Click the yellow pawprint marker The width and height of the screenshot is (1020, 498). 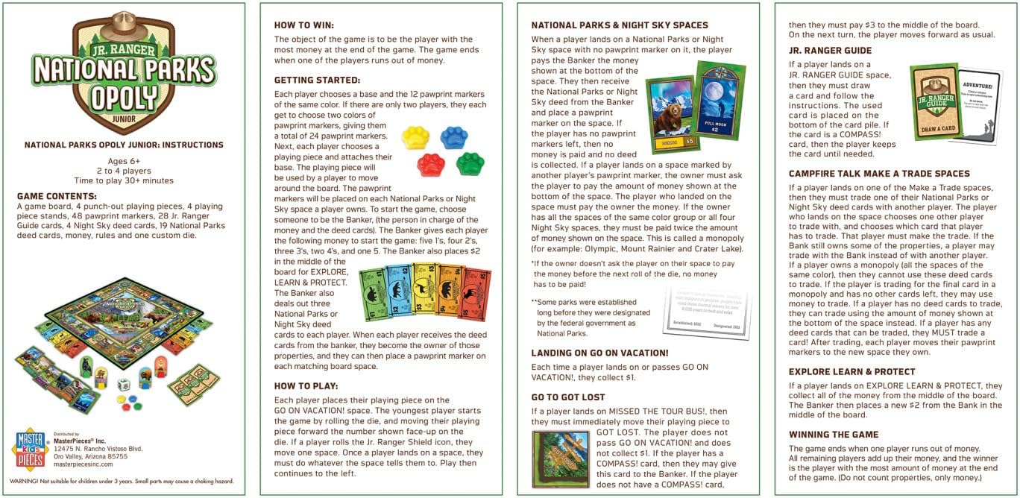(x=416, y=137)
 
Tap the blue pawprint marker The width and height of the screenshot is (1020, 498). (x=454, y=137)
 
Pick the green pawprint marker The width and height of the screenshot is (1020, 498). (x=470, y=163)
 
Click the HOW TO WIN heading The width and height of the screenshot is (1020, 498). (x=304, y=25)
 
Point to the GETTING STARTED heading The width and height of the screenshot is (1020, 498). (x=317, y=80)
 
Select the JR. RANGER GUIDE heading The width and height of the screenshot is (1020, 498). (x=830, y=51)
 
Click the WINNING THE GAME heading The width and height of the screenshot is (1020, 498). (x=834, y=434)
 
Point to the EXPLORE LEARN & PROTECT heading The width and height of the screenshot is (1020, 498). (x=851, y=371)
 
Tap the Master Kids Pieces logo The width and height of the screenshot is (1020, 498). (x=31, y=449)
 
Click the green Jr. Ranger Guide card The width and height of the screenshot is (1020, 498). (x=935, y=102)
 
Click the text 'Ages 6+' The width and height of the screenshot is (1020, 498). (x=123, y=160)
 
